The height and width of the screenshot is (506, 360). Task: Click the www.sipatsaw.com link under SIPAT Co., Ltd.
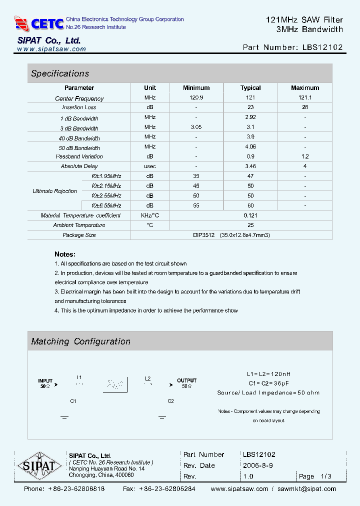51,49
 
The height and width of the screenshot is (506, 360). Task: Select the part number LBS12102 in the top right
322,47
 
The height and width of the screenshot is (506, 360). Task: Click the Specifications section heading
60,73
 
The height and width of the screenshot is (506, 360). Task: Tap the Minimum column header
196,87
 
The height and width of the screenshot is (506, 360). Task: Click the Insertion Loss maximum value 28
305,107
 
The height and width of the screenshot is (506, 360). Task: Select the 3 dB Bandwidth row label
79,128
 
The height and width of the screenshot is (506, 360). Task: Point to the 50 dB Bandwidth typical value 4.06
250,147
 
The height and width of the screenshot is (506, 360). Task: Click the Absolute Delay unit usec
150,166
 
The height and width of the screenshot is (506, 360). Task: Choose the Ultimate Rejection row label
55,191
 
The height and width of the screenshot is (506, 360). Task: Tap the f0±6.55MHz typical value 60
250,205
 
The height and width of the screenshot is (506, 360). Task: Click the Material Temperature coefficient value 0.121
250,215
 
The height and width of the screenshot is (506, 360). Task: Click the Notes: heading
65,254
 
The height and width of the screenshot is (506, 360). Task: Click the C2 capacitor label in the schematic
170,401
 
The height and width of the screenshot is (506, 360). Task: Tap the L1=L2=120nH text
268,374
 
